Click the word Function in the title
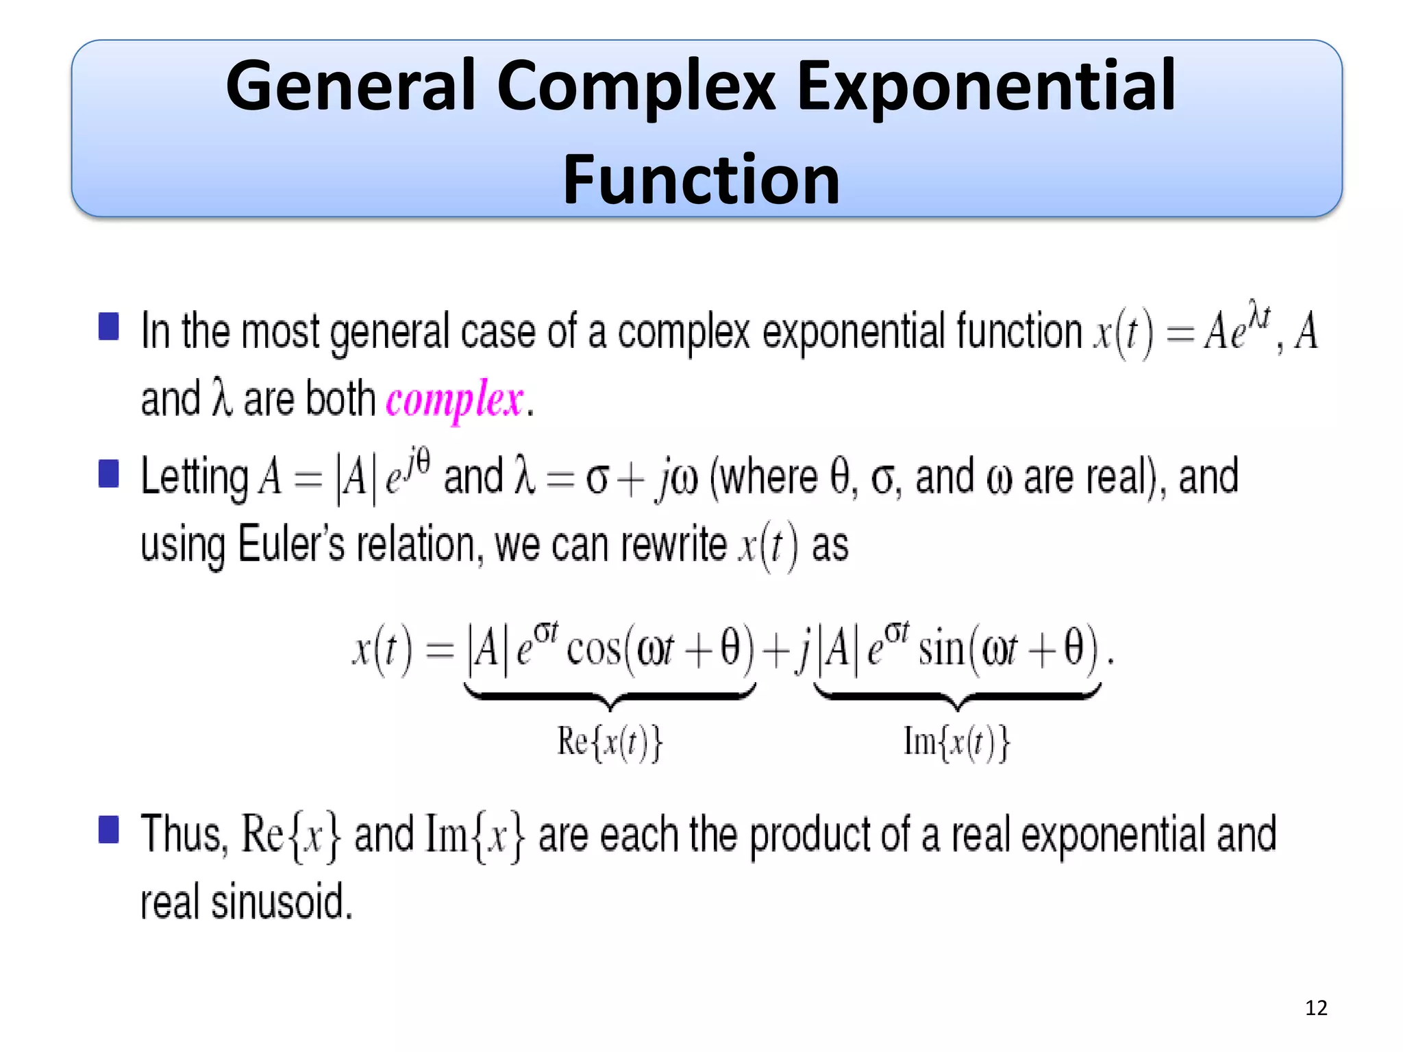click(701, 179)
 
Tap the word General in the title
click(350, 86)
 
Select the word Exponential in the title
click(986, 87)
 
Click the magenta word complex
click(455, 399)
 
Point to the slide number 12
click(1316, 1007)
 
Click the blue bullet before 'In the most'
click(109, 327)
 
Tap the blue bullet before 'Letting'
click(109, 473)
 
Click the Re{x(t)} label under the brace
click(610, 742)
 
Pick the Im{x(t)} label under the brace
click(956, 742)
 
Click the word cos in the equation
click(593, 649)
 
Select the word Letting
click(195, 477)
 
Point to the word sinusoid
click(281, 902)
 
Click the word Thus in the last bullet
click(182, 834)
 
